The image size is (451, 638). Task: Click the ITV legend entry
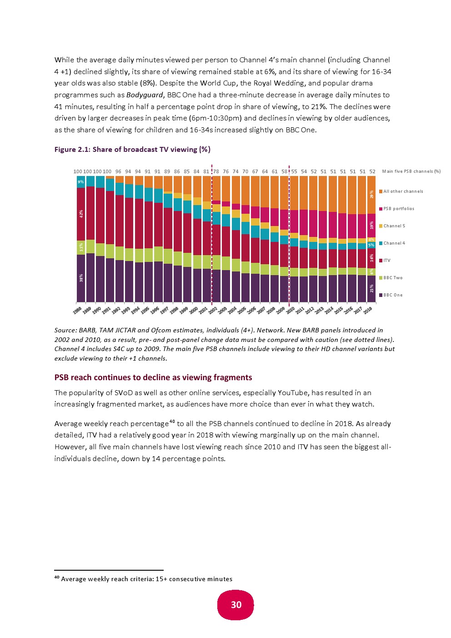point(385,260)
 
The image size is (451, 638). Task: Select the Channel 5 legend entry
point(392,226)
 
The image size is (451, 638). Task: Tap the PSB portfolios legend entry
point(396,208)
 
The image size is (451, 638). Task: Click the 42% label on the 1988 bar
point(81,214)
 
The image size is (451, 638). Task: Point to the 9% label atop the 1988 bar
point(81,182)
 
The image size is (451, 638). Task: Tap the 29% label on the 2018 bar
point(371,195)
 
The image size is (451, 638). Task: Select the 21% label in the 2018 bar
point(371,288)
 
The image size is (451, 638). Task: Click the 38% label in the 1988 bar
point(81,278)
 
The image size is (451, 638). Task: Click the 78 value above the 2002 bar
point(216,171)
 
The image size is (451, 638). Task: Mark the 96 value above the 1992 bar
point(118,171)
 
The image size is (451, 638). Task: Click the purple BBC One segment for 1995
point(149,281)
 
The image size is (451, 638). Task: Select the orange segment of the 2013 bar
point(323,194)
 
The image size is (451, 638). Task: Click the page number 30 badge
point(236,605)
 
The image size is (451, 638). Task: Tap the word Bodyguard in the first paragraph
point(145,95)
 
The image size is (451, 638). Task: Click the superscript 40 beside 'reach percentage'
point(172,421)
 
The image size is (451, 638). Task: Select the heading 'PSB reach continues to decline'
point(153,377)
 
